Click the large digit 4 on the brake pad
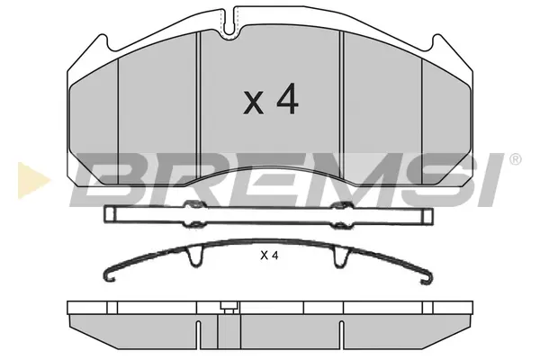(x=288, y=99)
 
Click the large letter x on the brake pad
(x=254, y=103)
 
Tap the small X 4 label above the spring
(x=269, y=256)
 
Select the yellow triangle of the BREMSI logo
(x=33, y=181)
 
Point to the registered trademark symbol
(x=515, y=159)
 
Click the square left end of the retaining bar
(x=111, y=213)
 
